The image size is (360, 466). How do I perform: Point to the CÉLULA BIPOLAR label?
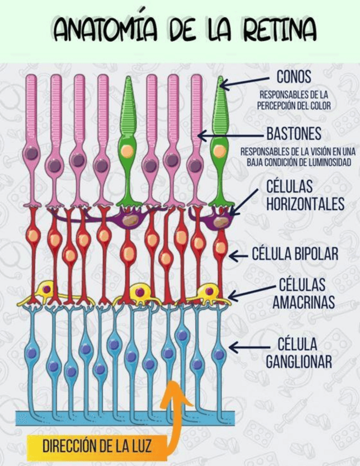pos(295,254)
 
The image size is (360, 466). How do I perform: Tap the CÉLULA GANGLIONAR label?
pos(299,353)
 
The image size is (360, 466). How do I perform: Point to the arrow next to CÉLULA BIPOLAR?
pos(238,255)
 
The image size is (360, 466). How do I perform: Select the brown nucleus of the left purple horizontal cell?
pos(131,220)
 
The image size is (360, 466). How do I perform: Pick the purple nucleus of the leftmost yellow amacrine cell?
pos(47,288)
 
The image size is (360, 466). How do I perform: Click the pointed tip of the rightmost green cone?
pos(221,79)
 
